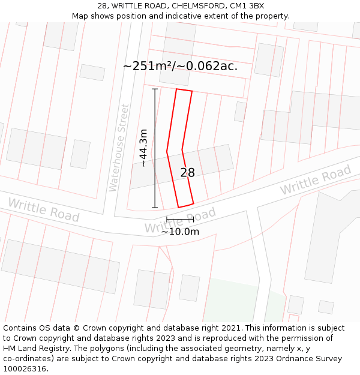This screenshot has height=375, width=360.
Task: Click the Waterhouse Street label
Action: click(119, 148)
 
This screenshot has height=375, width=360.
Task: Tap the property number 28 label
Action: click(187, 173)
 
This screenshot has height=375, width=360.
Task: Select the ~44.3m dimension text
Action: click(143, 148)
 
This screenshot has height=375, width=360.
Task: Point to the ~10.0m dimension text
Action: click(180, 232)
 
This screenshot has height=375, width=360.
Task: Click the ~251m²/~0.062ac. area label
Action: click(180, 66)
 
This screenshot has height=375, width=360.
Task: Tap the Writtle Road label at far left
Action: click(43, 209)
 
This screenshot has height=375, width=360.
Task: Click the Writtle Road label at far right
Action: click(316, 180)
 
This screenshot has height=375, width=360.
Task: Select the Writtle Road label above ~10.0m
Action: click(180, 221)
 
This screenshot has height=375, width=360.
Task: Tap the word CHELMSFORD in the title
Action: click(194, 6)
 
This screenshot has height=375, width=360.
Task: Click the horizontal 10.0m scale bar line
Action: click(180, 220)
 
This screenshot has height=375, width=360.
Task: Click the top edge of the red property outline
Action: click(184, 91)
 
